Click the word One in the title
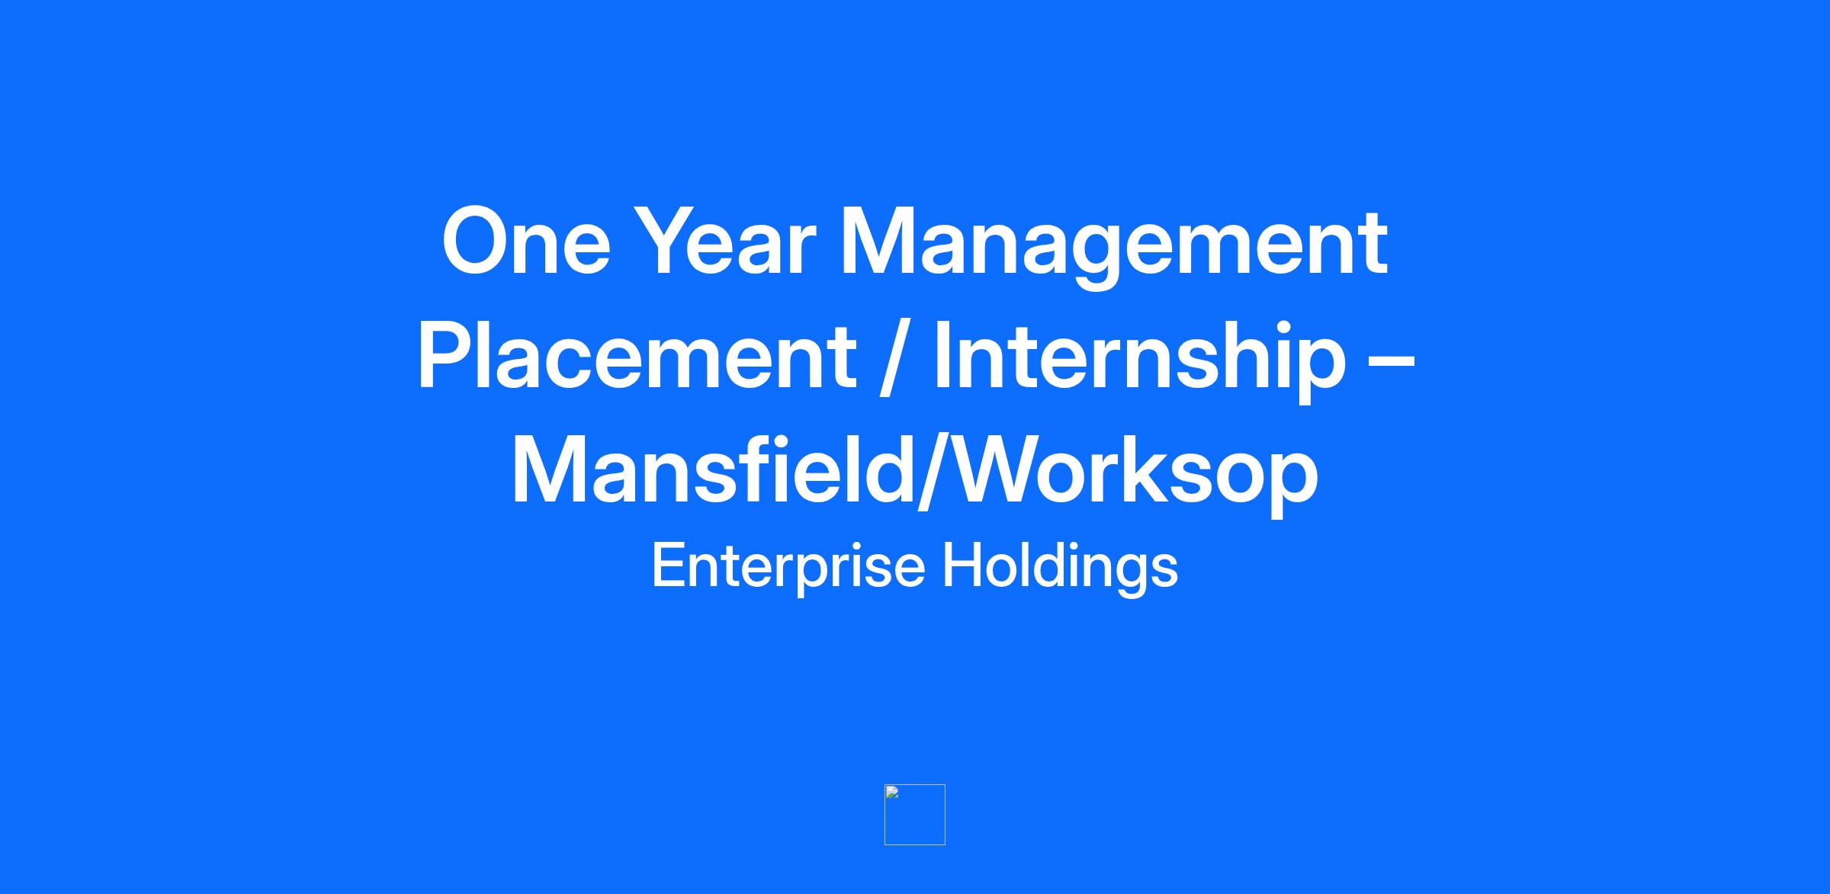[x=527, y=242]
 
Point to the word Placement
[x=637, y=356]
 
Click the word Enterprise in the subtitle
[x=788, y=569]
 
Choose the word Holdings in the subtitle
[x=1061, y=569]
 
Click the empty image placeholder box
[x=915, y=815]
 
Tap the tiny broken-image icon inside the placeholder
[x=892, y=792]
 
